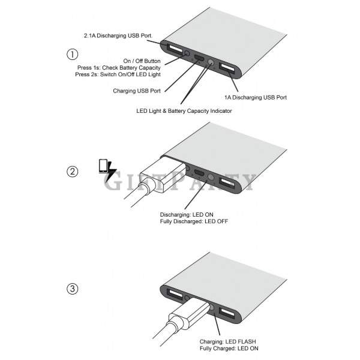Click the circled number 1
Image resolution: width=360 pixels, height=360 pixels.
click(x=73, y=55)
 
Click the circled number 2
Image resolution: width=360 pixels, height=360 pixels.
click(x=73, y=172)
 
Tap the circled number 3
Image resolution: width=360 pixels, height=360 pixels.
click(x=73, y=289)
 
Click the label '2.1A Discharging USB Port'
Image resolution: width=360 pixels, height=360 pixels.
click(x=118, y=36)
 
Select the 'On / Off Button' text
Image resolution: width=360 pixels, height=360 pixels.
click(x=142, y=61)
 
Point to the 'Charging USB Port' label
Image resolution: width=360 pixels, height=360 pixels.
click(x=137, y=91)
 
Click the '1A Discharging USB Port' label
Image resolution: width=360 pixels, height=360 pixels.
click(x=256, y=98)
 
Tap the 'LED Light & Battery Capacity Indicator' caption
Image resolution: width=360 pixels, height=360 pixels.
click(x=184, y=111)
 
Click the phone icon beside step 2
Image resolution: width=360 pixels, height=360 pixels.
click(x=103, y=166)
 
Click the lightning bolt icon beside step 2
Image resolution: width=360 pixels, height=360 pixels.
click(x=111, y=172)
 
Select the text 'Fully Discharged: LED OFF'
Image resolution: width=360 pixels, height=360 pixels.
click(x=194, y=221)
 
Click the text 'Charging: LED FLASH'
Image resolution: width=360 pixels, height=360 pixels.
click(x=227, y=341)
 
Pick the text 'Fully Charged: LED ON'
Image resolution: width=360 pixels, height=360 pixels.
click(x=229, y=349)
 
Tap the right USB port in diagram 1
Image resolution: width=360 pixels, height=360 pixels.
click(x=227, y=68)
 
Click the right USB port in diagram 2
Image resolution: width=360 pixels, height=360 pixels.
click(x=227, y=183)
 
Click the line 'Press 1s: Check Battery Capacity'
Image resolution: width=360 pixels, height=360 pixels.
click(x=119, y=68)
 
